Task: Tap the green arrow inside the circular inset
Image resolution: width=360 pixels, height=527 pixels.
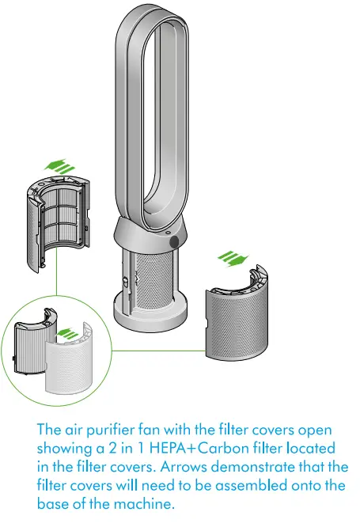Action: pyautogui.click(x=70, y=335)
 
